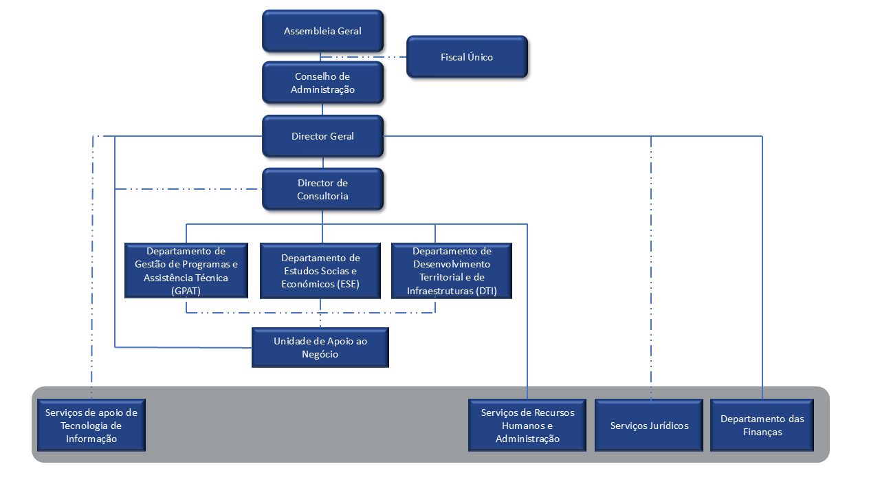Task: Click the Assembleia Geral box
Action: pyautogui.click(x=322, y=31)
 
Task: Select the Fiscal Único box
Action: pyautogui.click(x=467, y=57)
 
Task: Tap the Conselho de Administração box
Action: pyautogui.click(x=322, y=82)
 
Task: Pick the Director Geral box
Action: pyautogui.click(x=322, y=136)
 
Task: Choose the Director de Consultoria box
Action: pyautogui.click(x=322, y=189)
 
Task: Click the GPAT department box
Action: pyautogui.click(x=186, y=271)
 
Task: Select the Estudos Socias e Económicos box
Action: pyautogui.click(x=320, y=271)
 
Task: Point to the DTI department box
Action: pyautogui.click(x=452, y=271)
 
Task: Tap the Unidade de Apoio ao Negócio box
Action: pyautogui.click(x=320, y=348)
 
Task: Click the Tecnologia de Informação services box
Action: pyautogui.click(x=91, y=426)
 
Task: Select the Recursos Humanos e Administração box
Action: pyautogui.click(x=527, y=426)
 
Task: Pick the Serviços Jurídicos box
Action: pyautogui.click(x=649, y=426)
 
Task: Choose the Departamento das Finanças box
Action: pyautogui.click(x=762, y=426)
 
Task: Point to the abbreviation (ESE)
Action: pyautogui.click(x=346, y=284)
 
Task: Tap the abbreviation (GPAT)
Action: pyautogui.click(x=186, y=291)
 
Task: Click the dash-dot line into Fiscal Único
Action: pyautogui.click(x=364, y=57)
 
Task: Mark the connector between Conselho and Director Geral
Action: pyautogui.click(x=322, y=109)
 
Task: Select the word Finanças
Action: pyautogui.click(x=762, y=432)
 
